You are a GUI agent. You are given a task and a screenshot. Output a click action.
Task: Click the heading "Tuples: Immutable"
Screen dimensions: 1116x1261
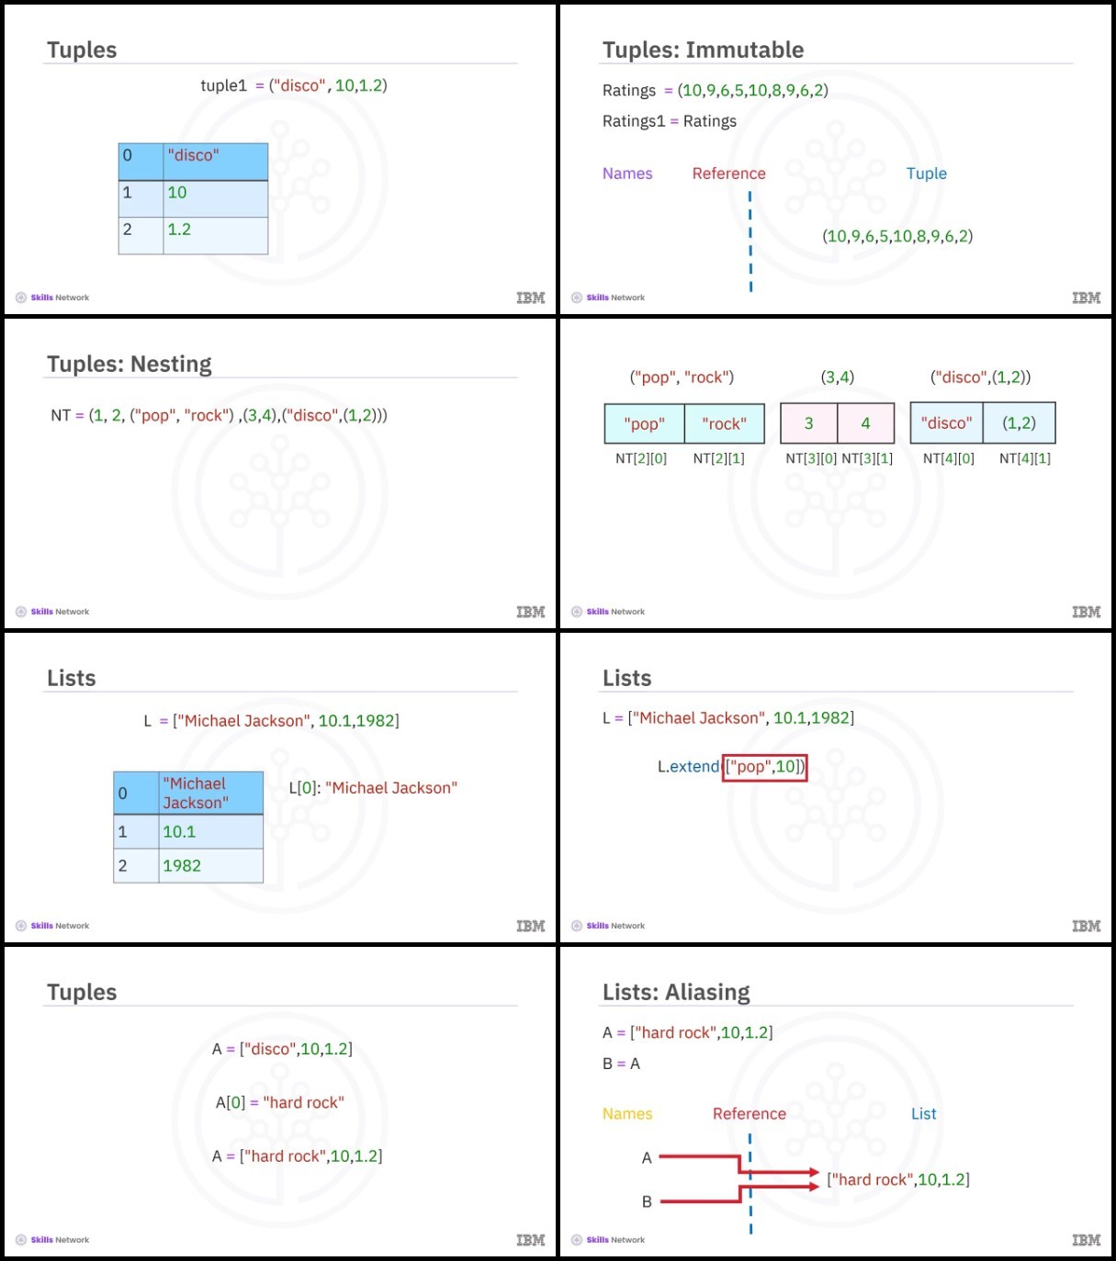[x=703, y=50]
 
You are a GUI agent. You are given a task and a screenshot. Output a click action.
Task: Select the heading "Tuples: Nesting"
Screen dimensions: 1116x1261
[x=129, y=364]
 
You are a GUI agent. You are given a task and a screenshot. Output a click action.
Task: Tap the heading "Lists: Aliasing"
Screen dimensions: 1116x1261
[x=676, y=992]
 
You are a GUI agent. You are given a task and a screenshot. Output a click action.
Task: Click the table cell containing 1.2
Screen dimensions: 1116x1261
[x=215, y=235]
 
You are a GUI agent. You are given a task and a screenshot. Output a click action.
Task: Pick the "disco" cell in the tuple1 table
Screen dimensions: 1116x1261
[x=215, y=162]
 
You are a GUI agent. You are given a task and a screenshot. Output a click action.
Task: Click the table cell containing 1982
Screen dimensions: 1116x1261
[x=210, y=866]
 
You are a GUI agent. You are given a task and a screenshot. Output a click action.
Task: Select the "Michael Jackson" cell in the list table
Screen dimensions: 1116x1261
[x=210, y=793]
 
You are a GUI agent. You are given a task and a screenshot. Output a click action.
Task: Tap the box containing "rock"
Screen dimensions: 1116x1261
[x=724, y=423]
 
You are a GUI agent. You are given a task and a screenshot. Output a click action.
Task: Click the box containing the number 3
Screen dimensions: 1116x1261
[x=808, y=423]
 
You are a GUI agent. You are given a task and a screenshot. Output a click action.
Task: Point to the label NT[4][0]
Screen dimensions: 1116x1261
[x=948, y=458]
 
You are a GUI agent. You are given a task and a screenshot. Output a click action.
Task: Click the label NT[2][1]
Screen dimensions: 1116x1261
[x=718, y=458]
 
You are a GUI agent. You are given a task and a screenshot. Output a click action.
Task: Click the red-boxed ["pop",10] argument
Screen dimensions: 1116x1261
[x=764, y=768]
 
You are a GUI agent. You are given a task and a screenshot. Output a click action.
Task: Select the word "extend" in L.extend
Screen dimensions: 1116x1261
[x=694, y=767]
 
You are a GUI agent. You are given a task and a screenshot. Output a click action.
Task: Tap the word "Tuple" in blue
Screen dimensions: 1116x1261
[x=926, y=174]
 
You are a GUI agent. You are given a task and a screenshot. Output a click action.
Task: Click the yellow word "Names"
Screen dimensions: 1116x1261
[x=626, y=1114]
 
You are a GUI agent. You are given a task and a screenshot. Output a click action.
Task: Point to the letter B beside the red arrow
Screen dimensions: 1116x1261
[x=647, y=1202]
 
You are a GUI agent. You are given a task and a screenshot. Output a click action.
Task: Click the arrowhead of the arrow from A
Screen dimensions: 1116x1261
[x=814, y=1172]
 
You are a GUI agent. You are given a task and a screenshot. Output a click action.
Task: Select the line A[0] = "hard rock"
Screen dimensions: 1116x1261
[x=279, y=1103]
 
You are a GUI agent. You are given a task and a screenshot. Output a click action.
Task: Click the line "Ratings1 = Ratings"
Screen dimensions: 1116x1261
[x=669, y=121]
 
